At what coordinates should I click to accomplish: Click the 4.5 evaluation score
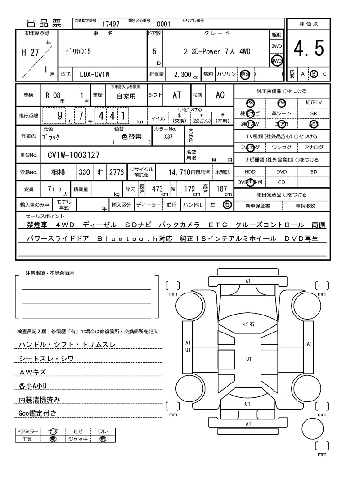[308, 48]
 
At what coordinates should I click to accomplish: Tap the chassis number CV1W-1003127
[73, 156]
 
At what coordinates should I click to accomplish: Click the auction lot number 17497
[111, 23]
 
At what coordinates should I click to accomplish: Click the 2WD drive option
[277, 46]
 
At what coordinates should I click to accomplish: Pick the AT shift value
[176, 95]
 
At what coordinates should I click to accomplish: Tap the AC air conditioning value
[220, 95]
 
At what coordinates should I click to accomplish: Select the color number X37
[169, 136]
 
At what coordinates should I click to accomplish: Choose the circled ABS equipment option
[314, 125]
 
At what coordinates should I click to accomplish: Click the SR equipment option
[314, 114]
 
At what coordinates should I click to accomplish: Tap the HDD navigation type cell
[250, 172]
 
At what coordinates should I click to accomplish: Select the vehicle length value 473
[157, 189]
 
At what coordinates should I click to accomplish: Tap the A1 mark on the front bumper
[248, 281]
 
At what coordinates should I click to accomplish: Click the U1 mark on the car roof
[248, 359]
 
